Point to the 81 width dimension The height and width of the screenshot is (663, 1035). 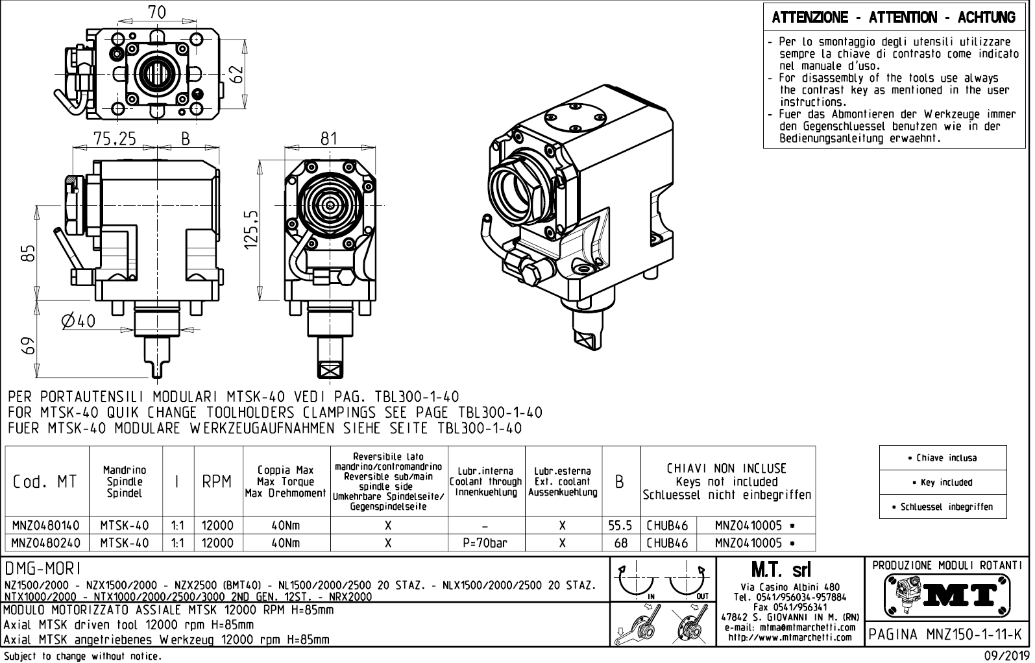[329, 139]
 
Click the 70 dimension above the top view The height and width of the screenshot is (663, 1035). [156, 12]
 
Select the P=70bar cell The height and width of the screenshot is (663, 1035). [485, 543]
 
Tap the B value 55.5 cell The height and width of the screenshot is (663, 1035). [620, 525]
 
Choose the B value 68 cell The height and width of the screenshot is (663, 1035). [620, 543]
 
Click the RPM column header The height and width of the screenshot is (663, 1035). [217, 482]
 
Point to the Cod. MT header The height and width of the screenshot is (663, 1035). [44, 482]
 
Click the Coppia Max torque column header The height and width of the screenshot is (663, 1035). [286, 482]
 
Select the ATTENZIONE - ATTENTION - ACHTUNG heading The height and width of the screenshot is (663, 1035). [894, 18]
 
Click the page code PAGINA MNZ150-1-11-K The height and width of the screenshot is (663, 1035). [947, 634]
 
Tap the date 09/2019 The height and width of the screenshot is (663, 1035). [1006, 655]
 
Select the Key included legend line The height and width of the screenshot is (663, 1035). [942, 482]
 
